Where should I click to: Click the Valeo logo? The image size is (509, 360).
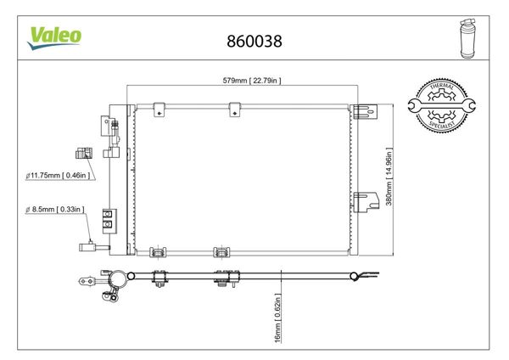point(56,35)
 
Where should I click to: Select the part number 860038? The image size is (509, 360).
point(255,40)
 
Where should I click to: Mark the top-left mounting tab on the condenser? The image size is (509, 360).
point(159,108)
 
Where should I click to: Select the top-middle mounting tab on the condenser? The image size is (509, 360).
point(233,108)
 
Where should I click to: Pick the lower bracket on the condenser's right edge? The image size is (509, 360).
point(365,200)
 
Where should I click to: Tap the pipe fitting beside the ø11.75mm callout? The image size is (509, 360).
point(83,155)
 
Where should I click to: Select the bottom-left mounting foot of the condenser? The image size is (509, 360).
point(157,251)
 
